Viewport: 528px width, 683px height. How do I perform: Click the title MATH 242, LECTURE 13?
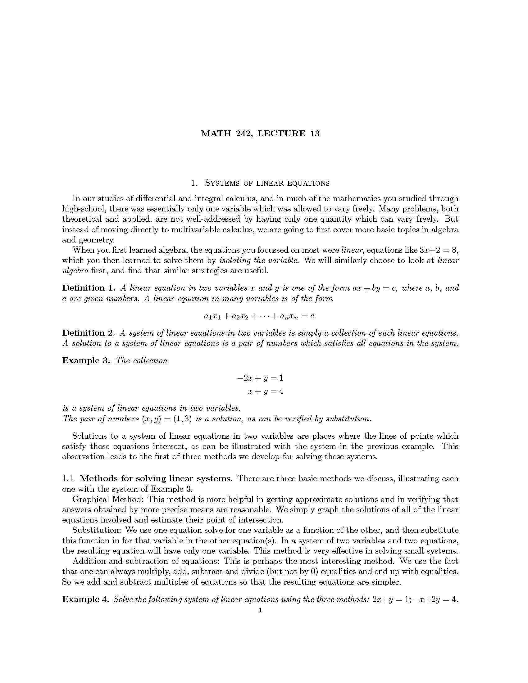[x=260, y=133]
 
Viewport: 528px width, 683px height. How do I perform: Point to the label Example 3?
[x=86, y=360]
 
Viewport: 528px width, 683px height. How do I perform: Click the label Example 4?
[x=86, y=599]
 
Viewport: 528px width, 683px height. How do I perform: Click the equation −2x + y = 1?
[x=260, y=378]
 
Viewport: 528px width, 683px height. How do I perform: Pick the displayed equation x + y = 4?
[x=266, y=391]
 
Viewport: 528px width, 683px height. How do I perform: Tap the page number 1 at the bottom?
[x=260, y=610]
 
